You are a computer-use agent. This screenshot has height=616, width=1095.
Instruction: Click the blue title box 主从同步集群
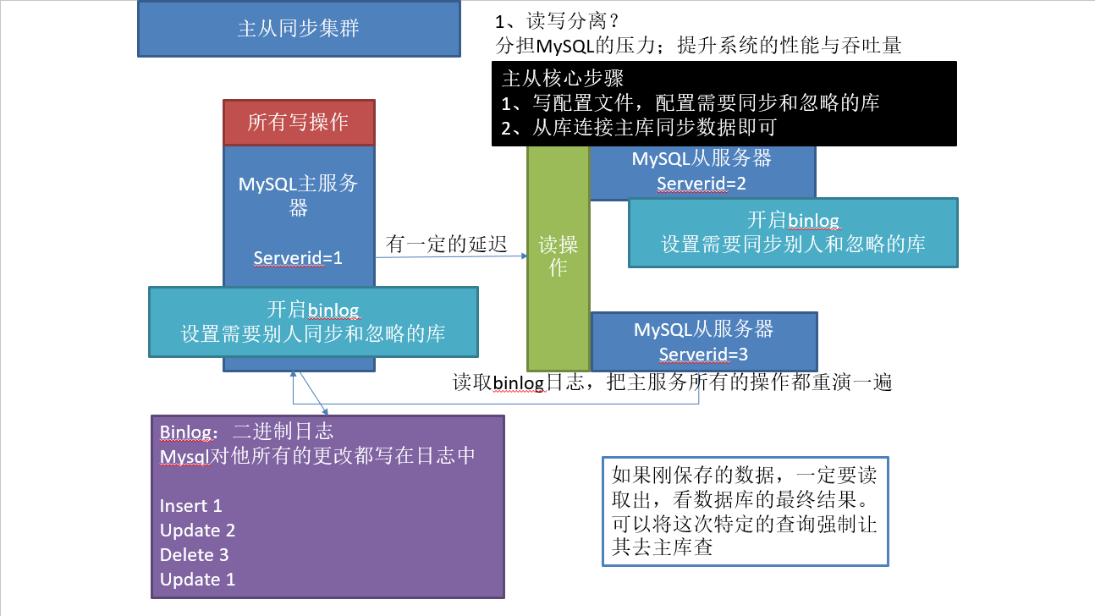(299, 29)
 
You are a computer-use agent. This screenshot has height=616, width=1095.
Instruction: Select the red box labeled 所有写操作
(298, 123)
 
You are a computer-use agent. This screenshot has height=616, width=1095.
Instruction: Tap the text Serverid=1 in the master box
(298, 257)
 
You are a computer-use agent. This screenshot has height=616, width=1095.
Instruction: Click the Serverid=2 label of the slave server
(702, 183)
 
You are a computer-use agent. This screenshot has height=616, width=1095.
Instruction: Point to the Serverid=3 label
(703, 354)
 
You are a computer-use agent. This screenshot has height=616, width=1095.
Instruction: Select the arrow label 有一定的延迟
(446, 245)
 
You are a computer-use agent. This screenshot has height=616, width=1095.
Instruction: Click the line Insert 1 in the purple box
(190, 506)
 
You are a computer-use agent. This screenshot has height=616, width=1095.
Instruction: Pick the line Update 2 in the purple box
(197, 531)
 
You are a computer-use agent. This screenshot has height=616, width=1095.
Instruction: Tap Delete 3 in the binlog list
(194, 555)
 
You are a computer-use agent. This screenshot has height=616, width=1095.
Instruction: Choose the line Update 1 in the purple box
(197, 580)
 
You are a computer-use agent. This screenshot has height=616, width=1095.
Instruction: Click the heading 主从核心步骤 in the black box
(562, 79)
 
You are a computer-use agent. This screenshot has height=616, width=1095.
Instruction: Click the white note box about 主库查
(745, 510)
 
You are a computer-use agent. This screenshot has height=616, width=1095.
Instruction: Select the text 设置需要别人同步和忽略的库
(313, 333)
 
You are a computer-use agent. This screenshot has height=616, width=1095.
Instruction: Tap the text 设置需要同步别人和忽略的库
(793, 245)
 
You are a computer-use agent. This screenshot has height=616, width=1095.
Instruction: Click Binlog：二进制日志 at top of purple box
(252, 432)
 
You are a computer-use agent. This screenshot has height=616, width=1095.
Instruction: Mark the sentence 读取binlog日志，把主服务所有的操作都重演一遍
(673, 382)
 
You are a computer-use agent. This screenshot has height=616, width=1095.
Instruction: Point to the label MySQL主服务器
(298, 195)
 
